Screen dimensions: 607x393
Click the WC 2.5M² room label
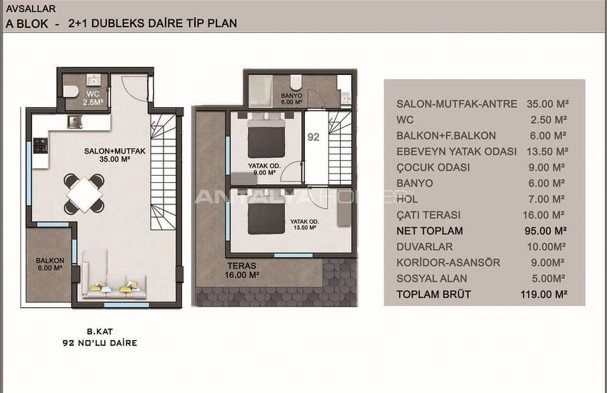coord(93,98)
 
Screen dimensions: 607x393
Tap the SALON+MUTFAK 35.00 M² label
coord(114,155)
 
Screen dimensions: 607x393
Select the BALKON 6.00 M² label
coord(50,264)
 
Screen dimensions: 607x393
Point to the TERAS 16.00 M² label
coord(242,270)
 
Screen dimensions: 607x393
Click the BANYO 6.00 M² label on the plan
coord(291,99)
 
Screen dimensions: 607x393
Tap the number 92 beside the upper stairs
coord(313,137)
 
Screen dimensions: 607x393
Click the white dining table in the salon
coord(84,194)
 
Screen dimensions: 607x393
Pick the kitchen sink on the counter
coord(75,121)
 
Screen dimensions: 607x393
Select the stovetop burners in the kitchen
coord(40,145)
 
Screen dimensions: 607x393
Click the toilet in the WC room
coord(71,91)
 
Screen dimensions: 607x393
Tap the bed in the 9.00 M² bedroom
coord(266,135)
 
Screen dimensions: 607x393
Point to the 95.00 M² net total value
coord(546,231)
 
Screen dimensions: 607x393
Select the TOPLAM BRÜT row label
coord(433,294)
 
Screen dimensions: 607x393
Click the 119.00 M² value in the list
coord(544,294)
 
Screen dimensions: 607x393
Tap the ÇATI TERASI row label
coord(428,215)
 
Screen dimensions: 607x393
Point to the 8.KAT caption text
coord(100,332)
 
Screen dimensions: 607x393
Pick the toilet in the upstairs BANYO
coord(296,81)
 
